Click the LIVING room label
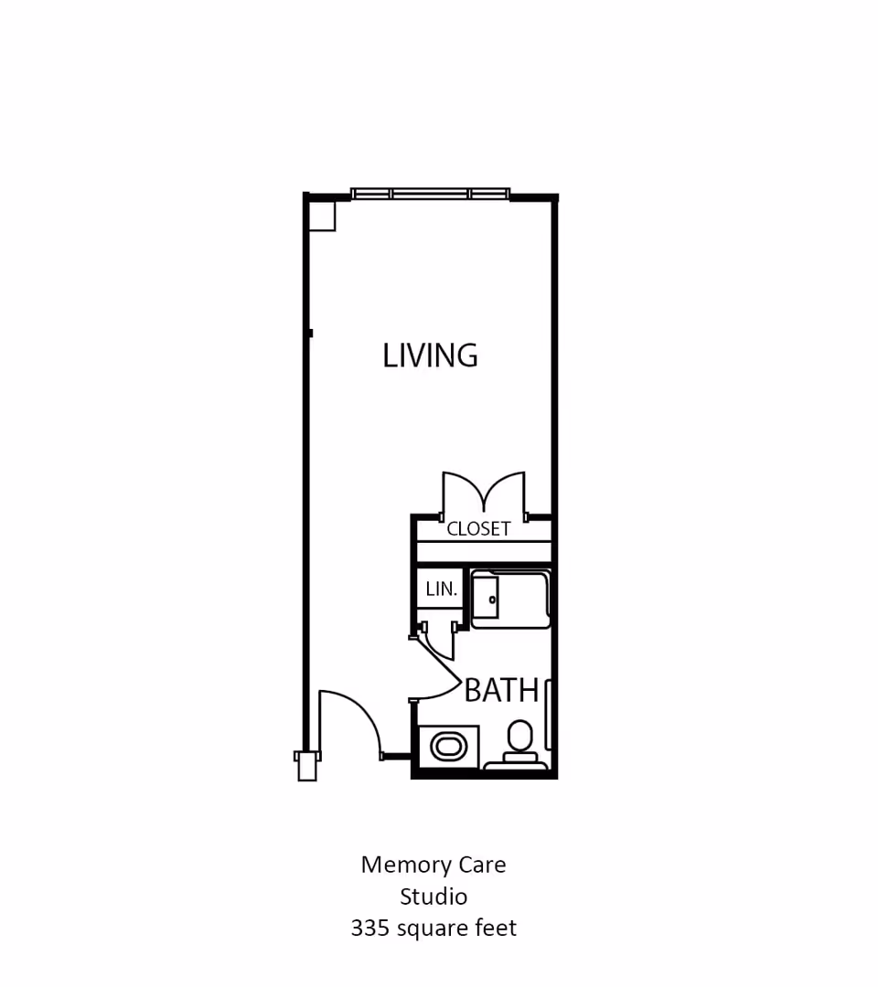pos(430,356)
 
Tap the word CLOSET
pos(478,529)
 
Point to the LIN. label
pos(442,590)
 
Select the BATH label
pos(501,691)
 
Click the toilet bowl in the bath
pos(520,735)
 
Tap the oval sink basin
pos(448,746)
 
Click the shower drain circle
pos(493,600)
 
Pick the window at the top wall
pos(430,194)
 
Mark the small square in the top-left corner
pos(322,217)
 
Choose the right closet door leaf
pos(506,492)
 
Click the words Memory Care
pos(433,865)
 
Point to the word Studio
pos(434,897)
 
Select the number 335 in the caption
pos(369,929)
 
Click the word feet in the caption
pos(494,929)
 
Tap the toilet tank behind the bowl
pos(519,759)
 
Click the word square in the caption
pos(432,929)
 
